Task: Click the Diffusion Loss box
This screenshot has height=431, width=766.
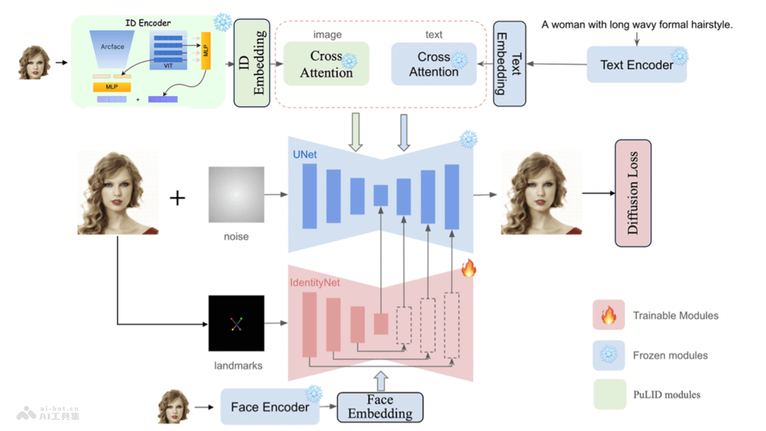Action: point(633,193)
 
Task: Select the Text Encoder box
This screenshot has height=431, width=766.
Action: point(636,64)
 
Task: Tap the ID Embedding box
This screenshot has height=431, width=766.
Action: point(251,63)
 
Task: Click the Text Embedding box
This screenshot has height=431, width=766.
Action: point(509,64)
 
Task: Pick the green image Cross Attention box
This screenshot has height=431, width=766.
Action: point(326,64)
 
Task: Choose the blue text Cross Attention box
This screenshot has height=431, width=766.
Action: point(433,64)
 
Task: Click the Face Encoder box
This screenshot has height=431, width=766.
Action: point(271,407)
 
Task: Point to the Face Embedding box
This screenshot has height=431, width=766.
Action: point(380,407)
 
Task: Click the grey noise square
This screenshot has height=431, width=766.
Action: point(236,195)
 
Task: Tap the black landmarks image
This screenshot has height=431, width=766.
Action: point(236,323)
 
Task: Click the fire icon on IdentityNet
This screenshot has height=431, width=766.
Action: point(469,268)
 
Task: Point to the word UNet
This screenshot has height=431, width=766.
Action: point(304,155)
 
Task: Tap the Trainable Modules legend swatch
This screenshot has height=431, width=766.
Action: point(608,315)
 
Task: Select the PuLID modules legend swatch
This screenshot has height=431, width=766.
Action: point(608,394)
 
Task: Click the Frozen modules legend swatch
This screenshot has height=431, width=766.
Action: point(608,354)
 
